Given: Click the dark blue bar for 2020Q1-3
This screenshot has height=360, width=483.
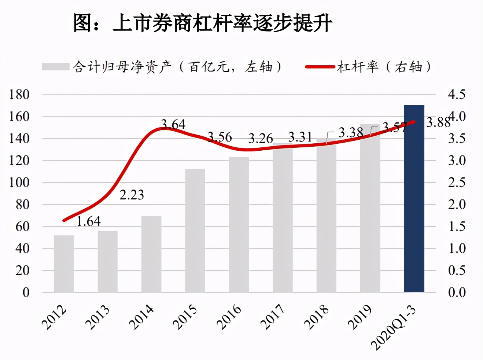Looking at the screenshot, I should (x=414, y=198).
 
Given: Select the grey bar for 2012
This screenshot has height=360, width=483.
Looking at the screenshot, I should (x=64, y=264).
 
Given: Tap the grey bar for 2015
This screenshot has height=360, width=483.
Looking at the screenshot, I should (x=195, y=231).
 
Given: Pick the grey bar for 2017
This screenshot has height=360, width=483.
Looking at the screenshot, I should (x=283, y=218).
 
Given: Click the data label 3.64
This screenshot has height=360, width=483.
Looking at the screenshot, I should (x=173, y=125).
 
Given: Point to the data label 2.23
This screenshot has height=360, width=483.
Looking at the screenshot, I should (x=132, y=195).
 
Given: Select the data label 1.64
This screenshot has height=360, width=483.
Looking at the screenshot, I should (x=89, y=221).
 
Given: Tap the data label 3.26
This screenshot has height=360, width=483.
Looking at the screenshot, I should (x=261, y=138).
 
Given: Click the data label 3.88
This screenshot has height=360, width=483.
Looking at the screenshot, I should (x=438, y=122).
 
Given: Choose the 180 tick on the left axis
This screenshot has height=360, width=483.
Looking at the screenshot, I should (x=19, y=95).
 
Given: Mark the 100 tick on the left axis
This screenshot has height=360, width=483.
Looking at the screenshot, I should (x=19, y=183).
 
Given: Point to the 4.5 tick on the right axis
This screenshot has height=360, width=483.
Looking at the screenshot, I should (x=457, y=95).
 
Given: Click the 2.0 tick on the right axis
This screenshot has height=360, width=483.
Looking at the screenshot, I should (x=457, y=205).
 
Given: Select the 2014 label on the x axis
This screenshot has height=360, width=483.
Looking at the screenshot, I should (x=141, y=317).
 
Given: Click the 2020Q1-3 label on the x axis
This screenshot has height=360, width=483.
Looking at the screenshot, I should (x=394, y=328).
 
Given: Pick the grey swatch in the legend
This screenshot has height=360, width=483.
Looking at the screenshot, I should (x=56, y=67).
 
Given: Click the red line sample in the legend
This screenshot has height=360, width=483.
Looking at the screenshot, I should (x=320, y=67).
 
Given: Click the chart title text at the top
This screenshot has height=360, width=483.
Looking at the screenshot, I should (x=203, y=23).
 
